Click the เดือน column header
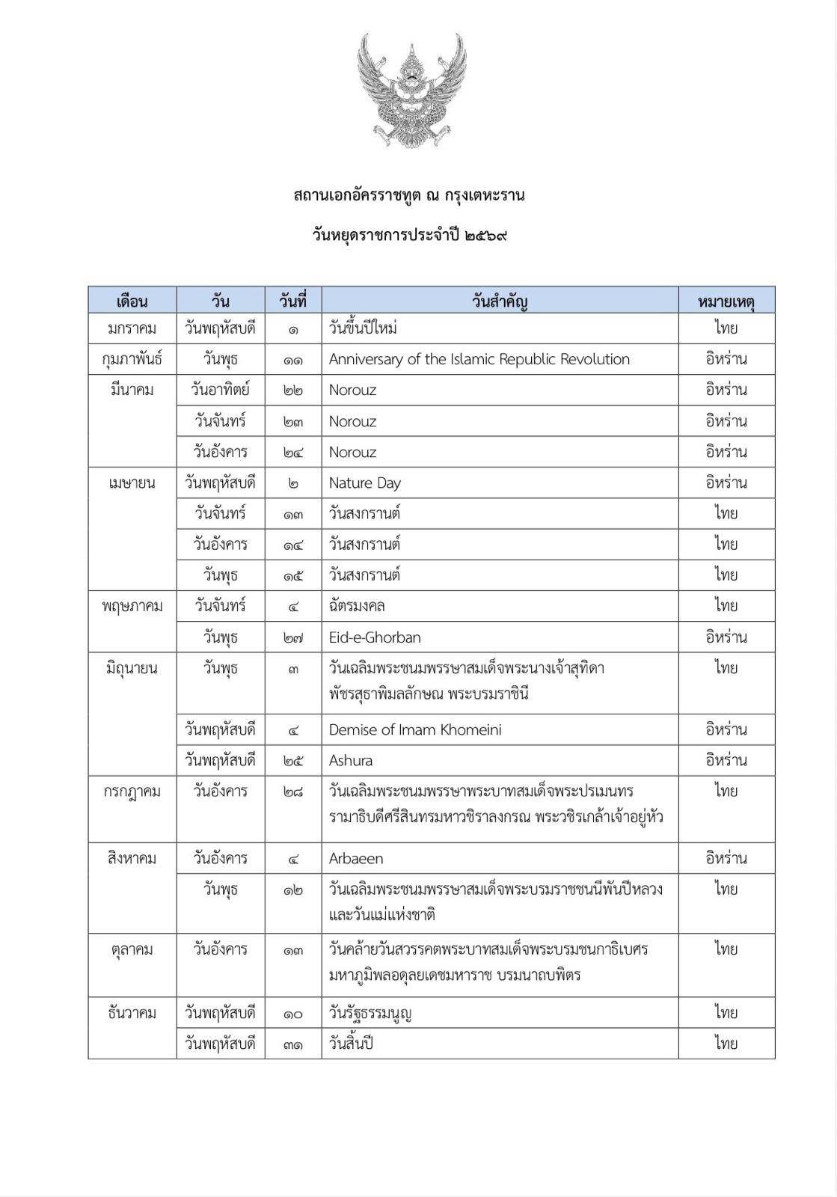click(132, 301)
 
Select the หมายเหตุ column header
click(726, 301)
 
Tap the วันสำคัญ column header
click(500, 301)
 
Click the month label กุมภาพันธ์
click(132, 359)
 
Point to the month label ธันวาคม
click(132, 1013)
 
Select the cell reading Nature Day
click(365, 483)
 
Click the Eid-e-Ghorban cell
click(375, 637)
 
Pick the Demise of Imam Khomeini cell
click(415, 729)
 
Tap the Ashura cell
click(351, 760)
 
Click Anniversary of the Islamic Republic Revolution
click(479, 359)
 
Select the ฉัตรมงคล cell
click(357, 606)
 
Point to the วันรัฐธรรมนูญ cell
click(370, 1013)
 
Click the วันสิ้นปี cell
click(351, 1044)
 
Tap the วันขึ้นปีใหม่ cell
click(363, 328)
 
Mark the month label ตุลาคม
click(132, 949)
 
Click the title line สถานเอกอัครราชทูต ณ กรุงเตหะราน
click(409, 196)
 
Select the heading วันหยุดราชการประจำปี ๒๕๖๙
click(409, 236)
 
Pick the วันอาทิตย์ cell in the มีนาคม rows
click(220, 390)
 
